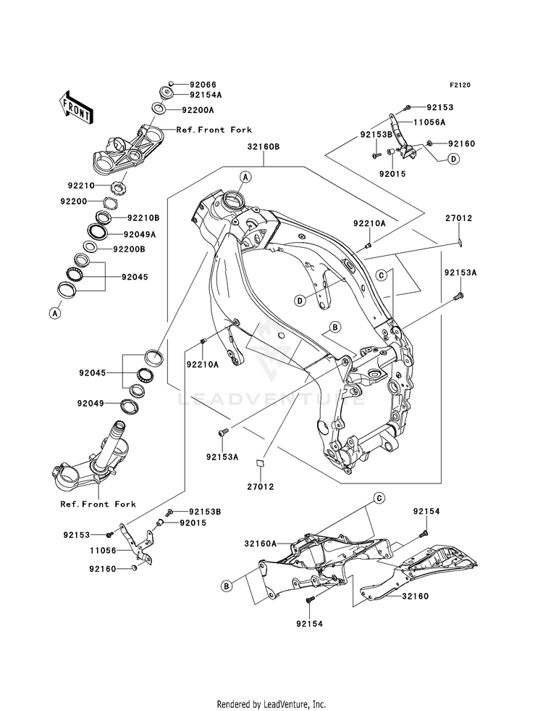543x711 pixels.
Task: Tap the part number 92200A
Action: [198, 109]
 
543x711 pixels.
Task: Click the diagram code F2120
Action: [460, 85]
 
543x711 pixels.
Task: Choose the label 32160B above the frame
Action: [264, 147]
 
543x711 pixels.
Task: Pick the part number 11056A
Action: [429, 122]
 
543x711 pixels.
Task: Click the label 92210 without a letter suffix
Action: [82, 186]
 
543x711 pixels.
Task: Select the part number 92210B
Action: [143, 217]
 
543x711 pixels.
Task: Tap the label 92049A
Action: [140, 234]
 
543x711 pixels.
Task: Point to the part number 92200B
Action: [129, 249]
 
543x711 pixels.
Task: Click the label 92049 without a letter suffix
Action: [90, 403]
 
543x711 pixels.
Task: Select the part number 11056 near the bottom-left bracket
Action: [103, 551]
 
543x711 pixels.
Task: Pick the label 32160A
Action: [261, 543]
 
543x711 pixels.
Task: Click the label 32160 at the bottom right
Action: [416, 596]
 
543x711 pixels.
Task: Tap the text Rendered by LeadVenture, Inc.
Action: [271, 704]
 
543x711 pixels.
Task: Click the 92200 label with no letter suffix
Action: [74, 201]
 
